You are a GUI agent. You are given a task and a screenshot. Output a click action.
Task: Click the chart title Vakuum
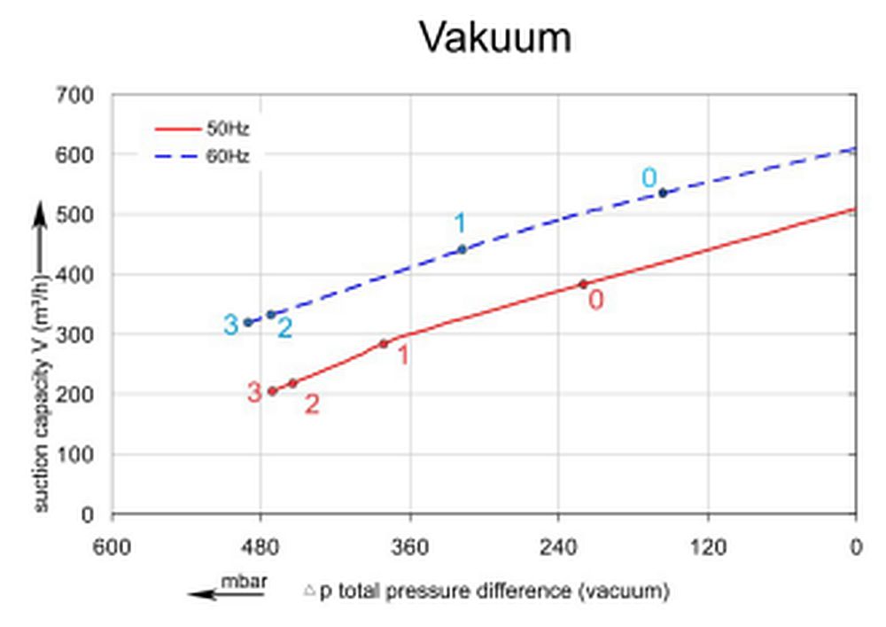coord(495,38)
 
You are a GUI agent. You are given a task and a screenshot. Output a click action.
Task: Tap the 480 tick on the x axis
coord(260,547)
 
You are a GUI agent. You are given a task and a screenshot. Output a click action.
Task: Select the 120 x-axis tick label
coord(707,547)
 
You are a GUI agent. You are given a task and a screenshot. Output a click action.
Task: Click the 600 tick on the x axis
coord(112,547)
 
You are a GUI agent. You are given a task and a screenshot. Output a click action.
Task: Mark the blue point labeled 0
coord(662,192)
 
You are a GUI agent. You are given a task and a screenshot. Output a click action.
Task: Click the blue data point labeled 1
coord(462,249)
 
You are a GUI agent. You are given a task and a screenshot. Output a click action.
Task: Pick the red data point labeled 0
coord(583,284)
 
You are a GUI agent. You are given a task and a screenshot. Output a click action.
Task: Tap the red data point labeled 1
coord(384,343)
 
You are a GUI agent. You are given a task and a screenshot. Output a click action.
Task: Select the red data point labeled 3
coord(272,391)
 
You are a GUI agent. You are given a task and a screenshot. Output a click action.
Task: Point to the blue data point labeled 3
coord(248,322)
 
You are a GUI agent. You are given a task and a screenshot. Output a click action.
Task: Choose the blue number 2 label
coord(284,328)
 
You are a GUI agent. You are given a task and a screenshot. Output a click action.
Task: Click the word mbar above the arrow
coord(245,582)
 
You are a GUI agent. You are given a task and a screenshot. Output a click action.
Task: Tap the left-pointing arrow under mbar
coord(226,595)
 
